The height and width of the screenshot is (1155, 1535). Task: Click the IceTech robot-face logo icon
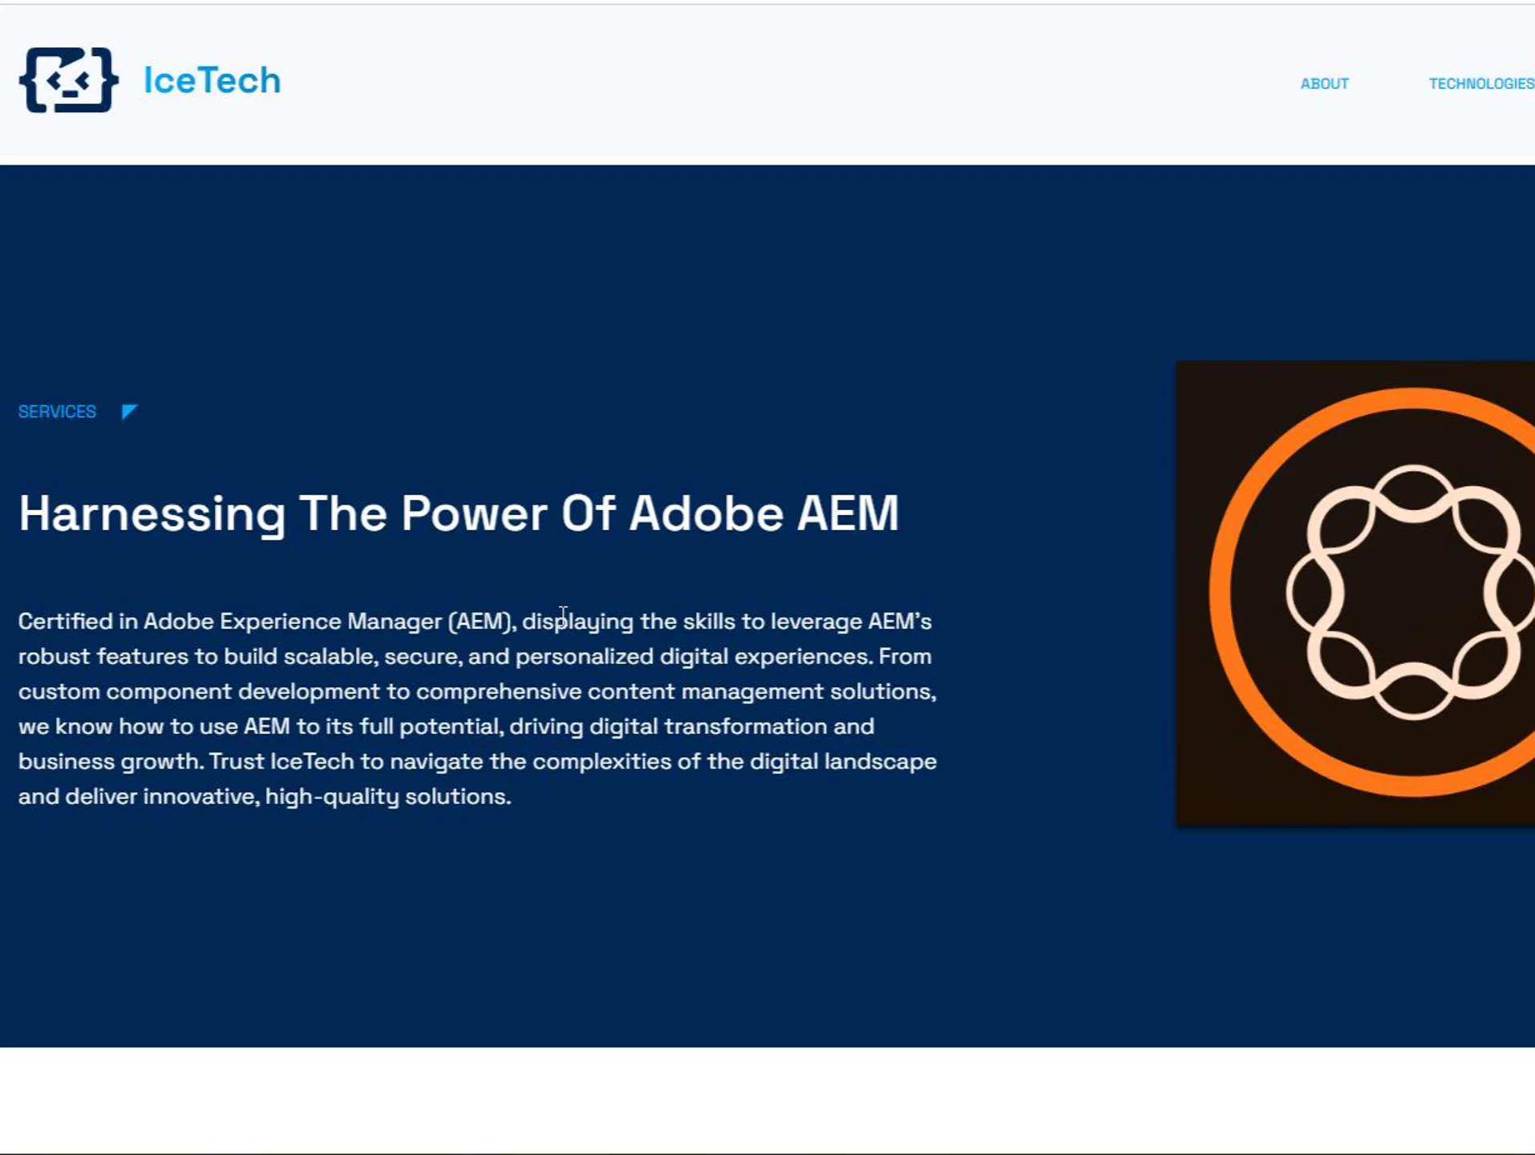pyautogui.click(x=69, y=80)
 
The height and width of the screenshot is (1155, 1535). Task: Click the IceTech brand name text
pyautogui.click(x=213, y=80)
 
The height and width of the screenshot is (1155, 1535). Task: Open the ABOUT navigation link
pyautogui.click(x=1324, y=83)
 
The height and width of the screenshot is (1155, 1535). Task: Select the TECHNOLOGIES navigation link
pyautogui.click(x=1481, y=83)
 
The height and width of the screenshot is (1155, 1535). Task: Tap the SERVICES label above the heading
pyautogui.click(x=57, y=411)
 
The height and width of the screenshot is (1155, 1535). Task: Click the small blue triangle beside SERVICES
pyautogui.click(x=128, y=411)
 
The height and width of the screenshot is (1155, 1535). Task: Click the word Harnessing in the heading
pyautogui.click(x=152, y=514)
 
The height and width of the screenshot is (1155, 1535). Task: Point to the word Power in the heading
pyautogui.click(x=474, y=513)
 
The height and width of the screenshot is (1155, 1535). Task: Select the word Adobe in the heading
pyautogui.click(x=706, y=513)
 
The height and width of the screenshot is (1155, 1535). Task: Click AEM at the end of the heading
pyautogui.click(x=848, y=513)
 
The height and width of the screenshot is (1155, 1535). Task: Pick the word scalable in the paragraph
pyautogui.click(x=330, y=656)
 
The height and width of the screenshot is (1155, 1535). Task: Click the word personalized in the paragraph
pyautogui.click(x=584, y=657)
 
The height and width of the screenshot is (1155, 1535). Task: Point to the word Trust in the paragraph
pyautogui.click(x=237, y=761)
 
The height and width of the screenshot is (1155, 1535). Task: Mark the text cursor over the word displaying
pyautogui.click(x=563, y=615)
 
